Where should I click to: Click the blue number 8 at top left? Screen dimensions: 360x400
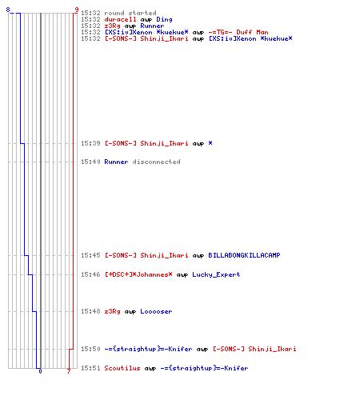pyautogui.click(x=8, y=10)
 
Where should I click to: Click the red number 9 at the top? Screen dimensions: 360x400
pyautogui.click(x=77, y=10)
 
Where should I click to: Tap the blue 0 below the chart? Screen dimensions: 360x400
pyautogui.click(x=40, y=371)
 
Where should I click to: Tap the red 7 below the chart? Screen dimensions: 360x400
pyautogui.click(x=69, y=371)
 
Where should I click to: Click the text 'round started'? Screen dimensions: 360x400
pyautogui.click(x=130, y=13)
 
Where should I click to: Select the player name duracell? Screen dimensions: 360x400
pyautogui.click(x=120, y=19)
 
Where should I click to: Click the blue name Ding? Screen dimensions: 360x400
pyautogui.click(x=164, y=20)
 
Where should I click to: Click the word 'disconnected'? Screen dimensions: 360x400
pyautogui.click(x=156, y=162)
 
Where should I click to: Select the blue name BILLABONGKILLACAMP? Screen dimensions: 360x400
pyautogui.click(x=244, y=255)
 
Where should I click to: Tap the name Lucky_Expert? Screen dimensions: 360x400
pyautogui.click(x=216, y=274)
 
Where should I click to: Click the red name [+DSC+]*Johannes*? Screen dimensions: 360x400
pyautogui.click(x=138, y=274)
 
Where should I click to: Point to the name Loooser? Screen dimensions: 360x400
pyautogui.click(x=156, y=311)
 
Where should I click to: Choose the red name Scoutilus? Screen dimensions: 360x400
pyautogui.click(x=122, y=368)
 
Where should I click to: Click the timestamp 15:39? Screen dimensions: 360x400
pyautogui.click(x=90, y=143)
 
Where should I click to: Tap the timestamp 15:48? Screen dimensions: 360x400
pyautogui.click(x=90, y=311)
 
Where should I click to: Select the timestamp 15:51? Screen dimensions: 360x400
pyautogui.click(x=90, y=368)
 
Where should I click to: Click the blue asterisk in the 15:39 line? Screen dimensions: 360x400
pyautogui.click(x=210, y=143)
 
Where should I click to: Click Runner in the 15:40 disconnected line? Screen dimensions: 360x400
pyautogui.click(x=116, y=162)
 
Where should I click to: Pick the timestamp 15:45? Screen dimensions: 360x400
pyautogui.click(x=90, y=255)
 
